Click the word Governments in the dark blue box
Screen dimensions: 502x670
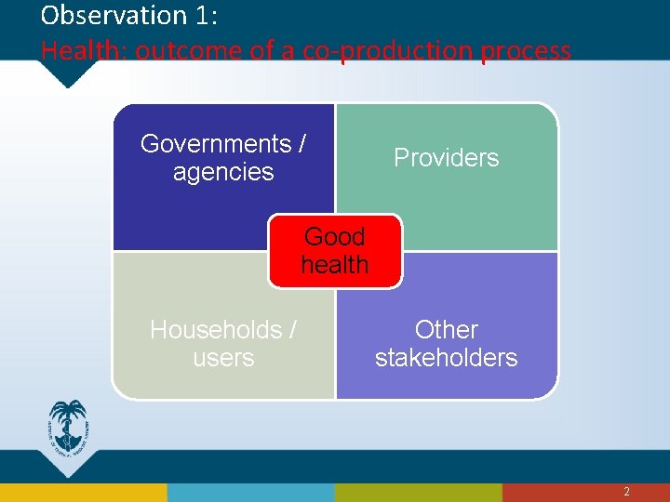click(215, 144)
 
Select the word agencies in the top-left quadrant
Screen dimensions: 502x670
click(223, 172)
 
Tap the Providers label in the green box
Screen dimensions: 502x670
click(446, 158)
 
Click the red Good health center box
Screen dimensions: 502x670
click(335, 250)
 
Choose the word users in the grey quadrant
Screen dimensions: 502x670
click(223, 358)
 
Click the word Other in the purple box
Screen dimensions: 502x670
click(446, 330)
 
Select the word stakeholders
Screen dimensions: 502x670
click(446, 358)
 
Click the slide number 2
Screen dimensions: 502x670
click(626, 492)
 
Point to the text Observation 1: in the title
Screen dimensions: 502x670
click(127, 16)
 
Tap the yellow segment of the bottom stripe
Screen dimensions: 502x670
click(84, 492)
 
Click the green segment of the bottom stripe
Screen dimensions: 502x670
click(419, 492)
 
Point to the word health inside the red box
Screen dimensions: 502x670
click(335, 265)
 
